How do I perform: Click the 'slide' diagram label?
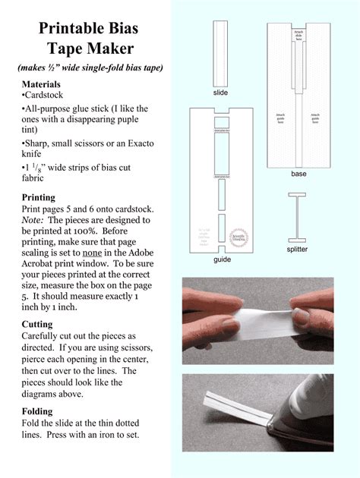(x=220, y=93)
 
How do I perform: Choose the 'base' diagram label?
(x=298, y=174)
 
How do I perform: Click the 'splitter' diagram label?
(x=297, y=249)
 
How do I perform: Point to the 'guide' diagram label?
(x=221, y=259)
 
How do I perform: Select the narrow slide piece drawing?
(x=220, y=53)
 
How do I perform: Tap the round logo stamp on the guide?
(x=239, y=236)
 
